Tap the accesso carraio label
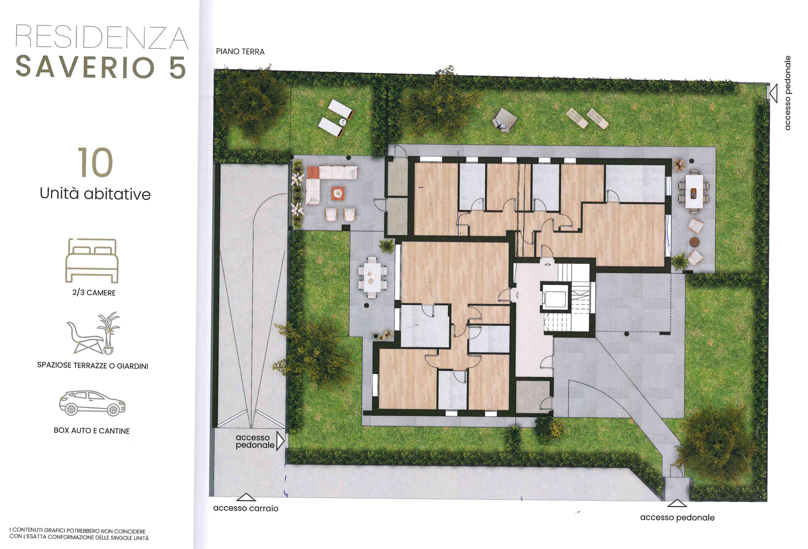(x=246, y=508)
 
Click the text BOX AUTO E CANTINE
(x=92, y=431)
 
